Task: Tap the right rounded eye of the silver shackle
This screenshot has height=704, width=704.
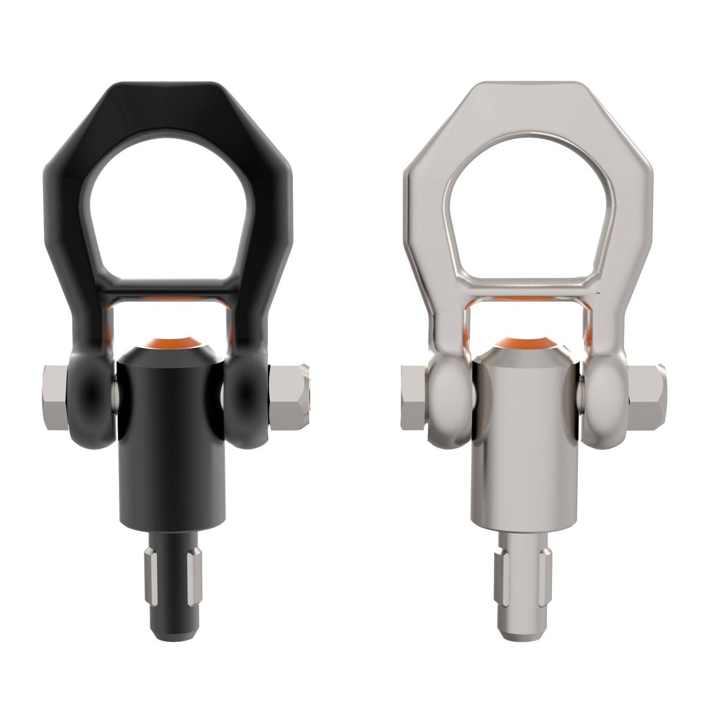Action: [604, 399]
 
